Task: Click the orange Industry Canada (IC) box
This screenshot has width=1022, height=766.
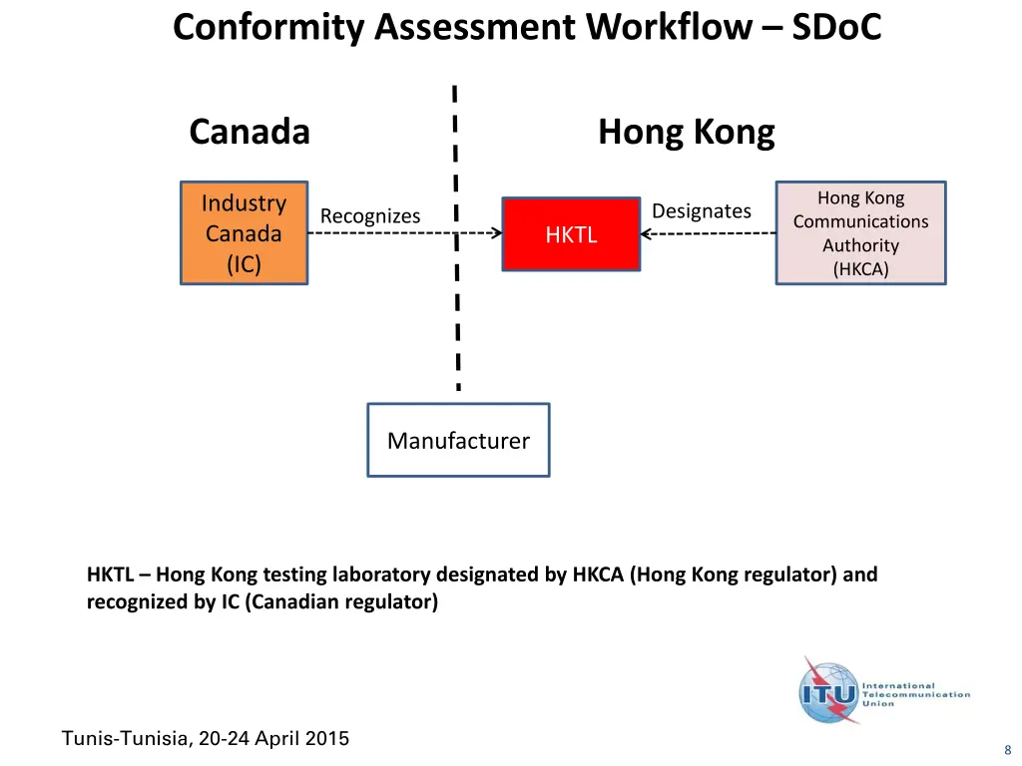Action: coord(244,233)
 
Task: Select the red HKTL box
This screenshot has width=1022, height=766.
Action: coord(571,234)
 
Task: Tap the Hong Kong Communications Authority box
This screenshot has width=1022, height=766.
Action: coord(860,233)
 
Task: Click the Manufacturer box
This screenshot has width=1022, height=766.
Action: coord(458,441)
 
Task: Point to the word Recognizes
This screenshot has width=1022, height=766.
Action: coord(370,216)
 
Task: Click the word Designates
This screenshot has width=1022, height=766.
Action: coord(701,211)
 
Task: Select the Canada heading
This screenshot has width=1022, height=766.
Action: coord(250,132)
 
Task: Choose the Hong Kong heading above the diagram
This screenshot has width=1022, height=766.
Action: coord(686,132)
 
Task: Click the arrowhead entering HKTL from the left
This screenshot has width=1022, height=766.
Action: coord(495,234)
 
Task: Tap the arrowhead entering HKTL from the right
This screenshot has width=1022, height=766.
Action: coord(647,234)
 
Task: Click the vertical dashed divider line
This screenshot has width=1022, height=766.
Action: coord(456,299)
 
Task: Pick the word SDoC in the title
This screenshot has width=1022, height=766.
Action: coord(836,27)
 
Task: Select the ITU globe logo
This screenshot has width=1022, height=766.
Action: coord(827,691)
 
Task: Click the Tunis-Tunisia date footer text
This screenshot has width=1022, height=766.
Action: coord(206,739)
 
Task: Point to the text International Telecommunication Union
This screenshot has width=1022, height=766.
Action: coord(915,694)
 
